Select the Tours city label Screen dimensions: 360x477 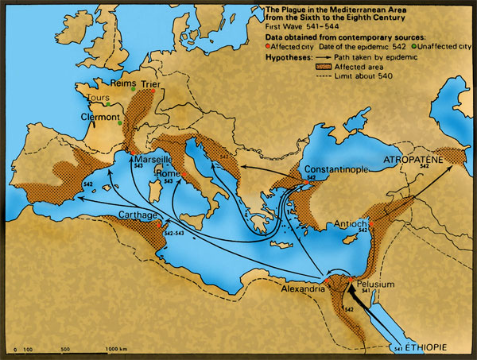(x=99, y=99)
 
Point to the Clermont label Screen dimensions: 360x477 (x=101, y=114)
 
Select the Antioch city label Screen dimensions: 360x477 (x=350, y=223)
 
